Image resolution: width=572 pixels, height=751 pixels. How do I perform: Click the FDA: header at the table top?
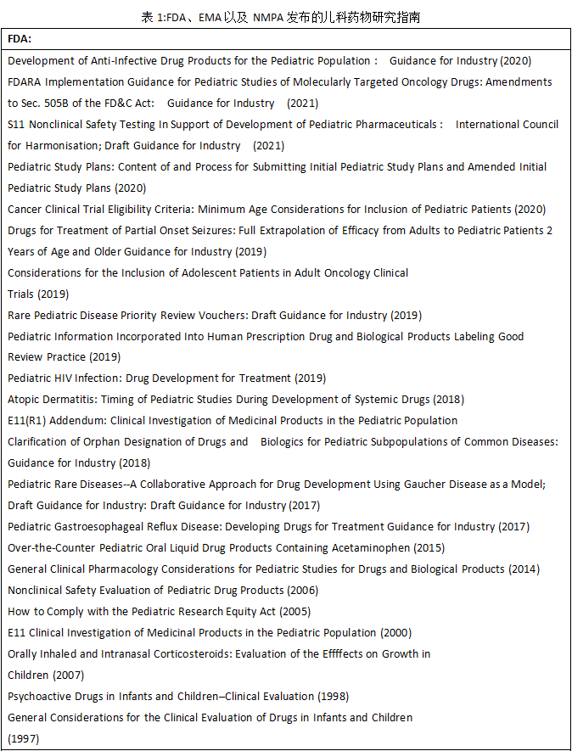20,39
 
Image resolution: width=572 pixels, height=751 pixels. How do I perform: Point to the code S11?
16,125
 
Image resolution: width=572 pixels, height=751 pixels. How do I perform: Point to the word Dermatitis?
71,400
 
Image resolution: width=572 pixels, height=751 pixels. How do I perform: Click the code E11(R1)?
27,421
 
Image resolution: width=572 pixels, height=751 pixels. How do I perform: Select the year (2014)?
524,569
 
